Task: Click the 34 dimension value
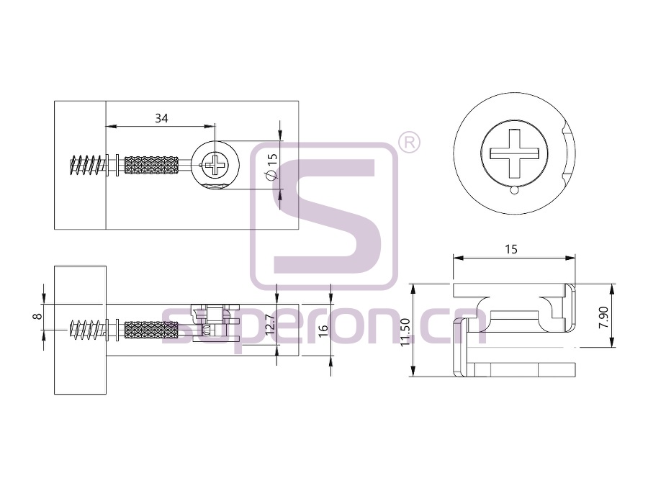point(161,118)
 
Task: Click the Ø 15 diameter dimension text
point(271,166)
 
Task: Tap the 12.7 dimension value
point(269,324)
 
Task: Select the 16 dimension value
point(323,330)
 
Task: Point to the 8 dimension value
point(37,316)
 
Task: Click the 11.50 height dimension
point(405,331)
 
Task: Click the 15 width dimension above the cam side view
point(511,249)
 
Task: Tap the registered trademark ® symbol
point(409,143)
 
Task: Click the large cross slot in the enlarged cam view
point(515,153)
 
